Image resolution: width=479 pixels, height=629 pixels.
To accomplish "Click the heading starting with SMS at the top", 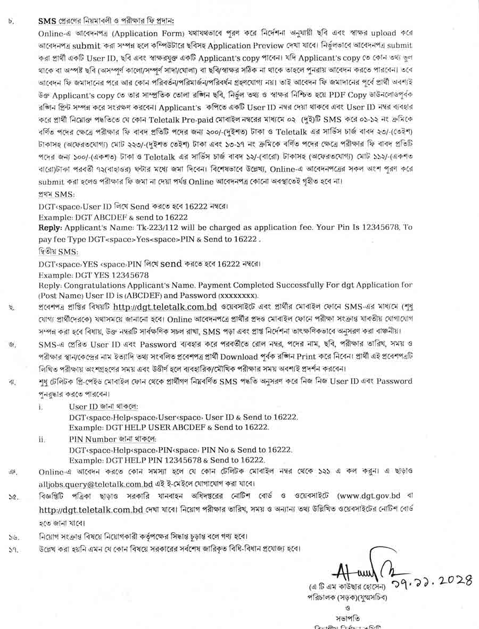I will point(106,21).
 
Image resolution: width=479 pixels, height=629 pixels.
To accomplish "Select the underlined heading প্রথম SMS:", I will point(56,195).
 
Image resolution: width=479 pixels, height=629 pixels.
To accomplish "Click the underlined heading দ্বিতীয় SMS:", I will point(58,251).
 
